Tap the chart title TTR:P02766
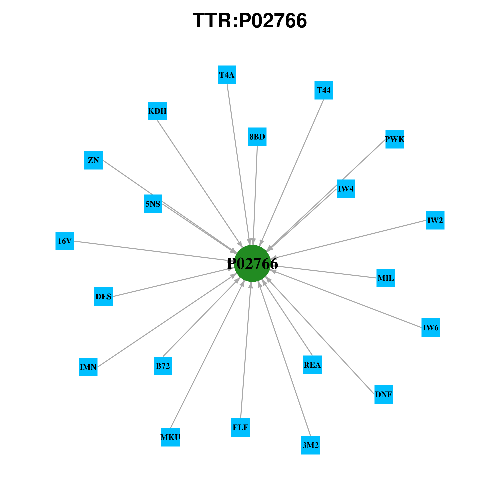point(250,21)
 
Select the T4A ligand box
point(227,75)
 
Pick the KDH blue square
point(157,111)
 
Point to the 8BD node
point(257,137)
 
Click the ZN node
point(93,160)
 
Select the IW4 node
point(346,189)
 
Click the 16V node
point(65,241)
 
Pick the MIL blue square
point(386,278)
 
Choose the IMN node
point(88,367)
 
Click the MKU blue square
point(170,437)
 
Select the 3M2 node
point(310,445)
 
